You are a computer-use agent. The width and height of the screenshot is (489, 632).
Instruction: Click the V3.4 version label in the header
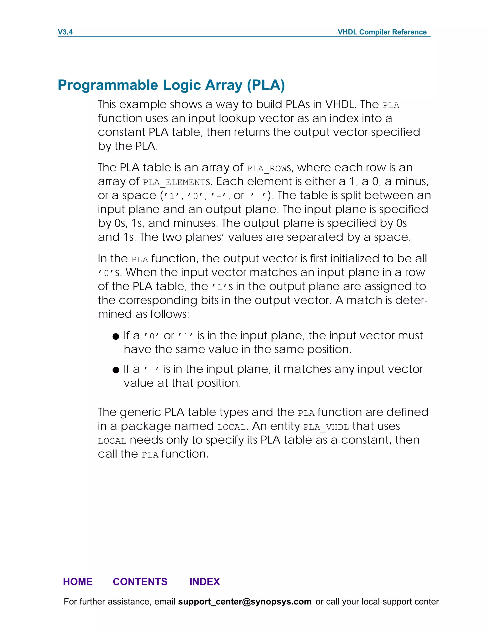(x=65, y=32)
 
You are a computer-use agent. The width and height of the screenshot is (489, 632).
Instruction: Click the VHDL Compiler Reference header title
(x=382, y=32)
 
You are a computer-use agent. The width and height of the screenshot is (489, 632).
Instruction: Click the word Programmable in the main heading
(x=109, y=85)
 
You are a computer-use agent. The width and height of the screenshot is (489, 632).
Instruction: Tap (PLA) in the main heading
(x=266, y=85)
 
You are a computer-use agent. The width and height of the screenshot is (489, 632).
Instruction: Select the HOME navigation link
(x=78, y=581)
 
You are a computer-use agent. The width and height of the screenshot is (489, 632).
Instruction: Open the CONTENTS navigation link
(x=140, y=581)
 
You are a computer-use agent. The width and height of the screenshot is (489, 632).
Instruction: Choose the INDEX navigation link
(x=205, y=581)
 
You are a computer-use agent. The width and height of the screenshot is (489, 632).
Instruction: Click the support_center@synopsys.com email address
(x=244, y=602)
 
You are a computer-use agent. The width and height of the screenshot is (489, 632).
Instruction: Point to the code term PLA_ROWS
(x=269, y=168)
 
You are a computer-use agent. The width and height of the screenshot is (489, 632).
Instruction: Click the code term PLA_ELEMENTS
(x=176, y=182)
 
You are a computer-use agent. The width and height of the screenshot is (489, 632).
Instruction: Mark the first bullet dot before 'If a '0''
(x=116, y=336)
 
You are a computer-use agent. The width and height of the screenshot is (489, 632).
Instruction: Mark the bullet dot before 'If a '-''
(x=116, y=370)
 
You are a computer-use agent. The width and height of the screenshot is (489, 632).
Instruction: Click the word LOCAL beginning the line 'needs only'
(x=112, y=441)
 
